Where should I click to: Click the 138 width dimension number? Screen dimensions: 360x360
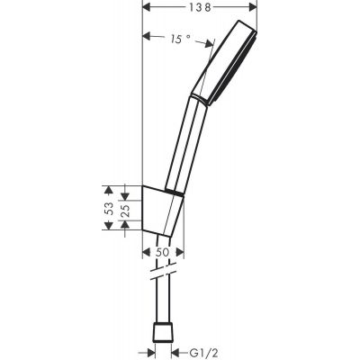187,7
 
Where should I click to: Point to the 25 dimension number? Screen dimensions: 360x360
125,211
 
